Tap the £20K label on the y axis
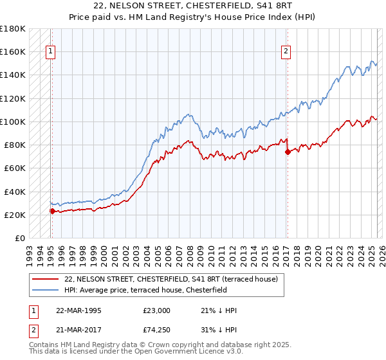(x=14, y=215)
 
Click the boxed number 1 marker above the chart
(x=51, y=53)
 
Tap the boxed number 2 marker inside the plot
(x=286, y=53)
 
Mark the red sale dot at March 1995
(x=52, y=211)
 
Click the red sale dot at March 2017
(x=287, y=152)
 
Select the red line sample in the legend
(x=46, y=279)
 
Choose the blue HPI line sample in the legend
(x=46, y=289)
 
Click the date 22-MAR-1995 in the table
(x=80, y=310)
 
